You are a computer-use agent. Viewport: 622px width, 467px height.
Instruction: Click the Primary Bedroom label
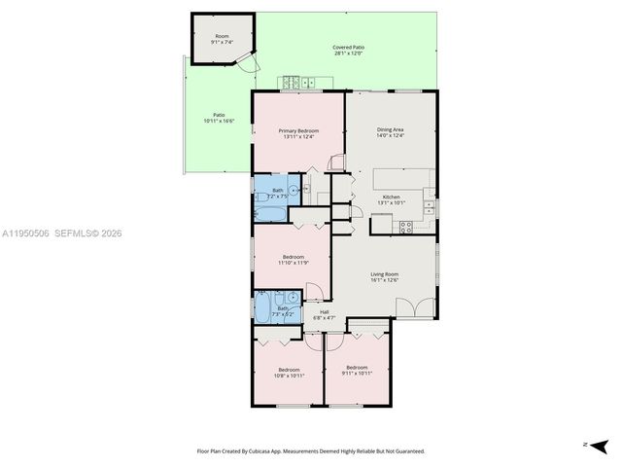click(299, 130)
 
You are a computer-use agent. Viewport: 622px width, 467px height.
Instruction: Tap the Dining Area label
click(390, 129)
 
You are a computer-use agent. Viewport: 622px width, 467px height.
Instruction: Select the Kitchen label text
click(391, 198)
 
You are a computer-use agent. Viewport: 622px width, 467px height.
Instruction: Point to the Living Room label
click(385, 273)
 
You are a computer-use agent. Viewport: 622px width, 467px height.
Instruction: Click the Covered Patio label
click(348, 47)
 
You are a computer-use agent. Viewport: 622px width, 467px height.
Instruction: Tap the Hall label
click(324, 312)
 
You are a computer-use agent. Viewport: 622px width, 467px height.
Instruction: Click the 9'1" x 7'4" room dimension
click(222, 42)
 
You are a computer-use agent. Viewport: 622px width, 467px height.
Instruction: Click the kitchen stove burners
click(406, 227)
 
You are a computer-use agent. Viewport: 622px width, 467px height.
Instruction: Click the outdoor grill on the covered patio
click(295, 83)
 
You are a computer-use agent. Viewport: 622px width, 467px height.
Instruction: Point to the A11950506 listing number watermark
click(25, 233)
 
